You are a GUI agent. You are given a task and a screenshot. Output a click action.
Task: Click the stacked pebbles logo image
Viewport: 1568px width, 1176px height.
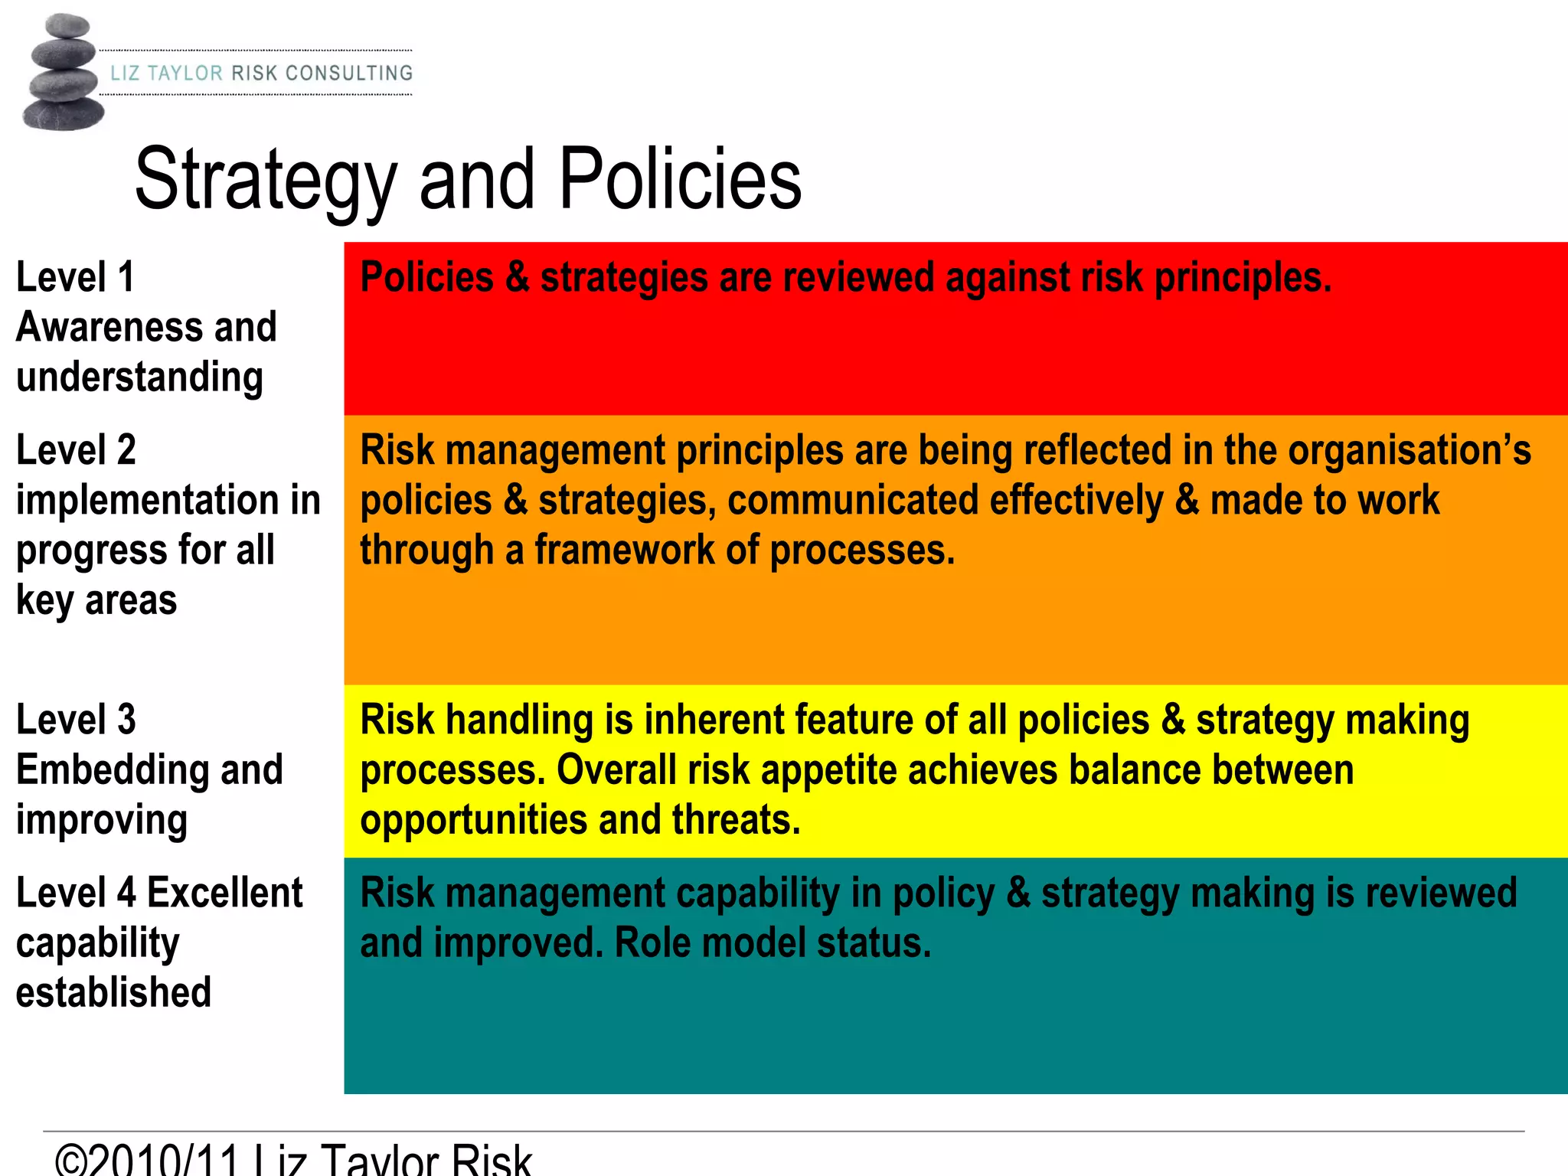[x=63, y=73]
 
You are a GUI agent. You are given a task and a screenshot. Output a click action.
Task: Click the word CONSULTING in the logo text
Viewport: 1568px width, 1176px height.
[x=348, y=73]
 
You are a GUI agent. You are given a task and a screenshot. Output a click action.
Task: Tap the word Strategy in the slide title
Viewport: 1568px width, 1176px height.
[x=265, y=181]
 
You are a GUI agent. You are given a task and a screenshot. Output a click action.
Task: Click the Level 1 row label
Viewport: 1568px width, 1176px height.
[x=75, y=277]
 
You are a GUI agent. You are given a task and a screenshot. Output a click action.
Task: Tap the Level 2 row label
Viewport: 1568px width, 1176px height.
[x=76, y=450]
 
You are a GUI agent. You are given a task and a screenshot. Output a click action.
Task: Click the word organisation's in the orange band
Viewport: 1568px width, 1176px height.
[x=1409, y=450]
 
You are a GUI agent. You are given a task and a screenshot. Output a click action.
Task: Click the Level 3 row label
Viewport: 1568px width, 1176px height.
[x=76, y=720]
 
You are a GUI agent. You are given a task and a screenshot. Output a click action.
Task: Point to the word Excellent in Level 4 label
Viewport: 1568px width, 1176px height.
[x=224, y=893]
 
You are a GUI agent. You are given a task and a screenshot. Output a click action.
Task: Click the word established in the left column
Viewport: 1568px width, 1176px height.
[x=113, y=993]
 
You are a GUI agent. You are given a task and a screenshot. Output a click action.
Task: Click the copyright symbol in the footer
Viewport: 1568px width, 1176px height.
[x=72, y=1161]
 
